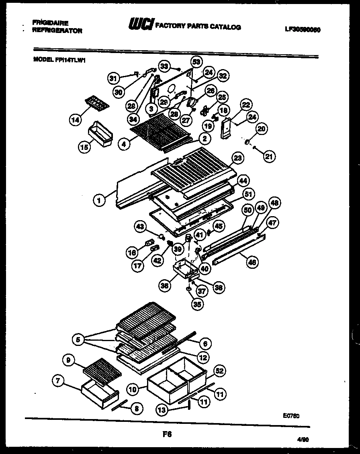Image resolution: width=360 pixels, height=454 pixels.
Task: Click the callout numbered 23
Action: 238,158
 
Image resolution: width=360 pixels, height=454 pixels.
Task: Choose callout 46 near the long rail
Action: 252,262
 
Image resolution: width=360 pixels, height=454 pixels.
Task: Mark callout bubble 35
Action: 197,304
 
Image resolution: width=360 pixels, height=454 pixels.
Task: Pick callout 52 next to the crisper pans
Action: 220,371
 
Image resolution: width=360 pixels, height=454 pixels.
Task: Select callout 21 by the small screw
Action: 269,157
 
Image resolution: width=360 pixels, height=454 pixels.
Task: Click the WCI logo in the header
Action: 141,25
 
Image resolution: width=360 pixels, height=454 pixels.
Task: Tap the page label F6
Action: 167,434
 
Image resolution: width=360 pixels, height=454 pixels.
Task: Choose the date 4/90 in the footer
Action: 303,440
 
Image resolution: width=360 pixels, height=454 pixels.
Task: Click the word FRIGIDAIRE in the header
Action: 50,23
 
